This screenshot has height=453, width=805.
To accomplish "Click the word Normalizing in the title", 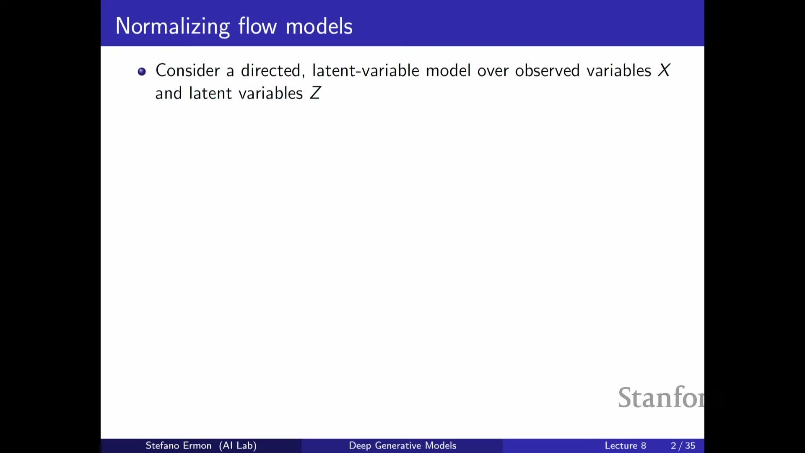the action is click(x=173, y=27).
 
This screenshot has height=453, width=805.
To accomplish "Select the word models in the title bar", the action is click(x=319, y=26).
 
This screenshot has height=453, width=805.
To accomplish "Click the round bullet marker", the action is click(x=142, y=72).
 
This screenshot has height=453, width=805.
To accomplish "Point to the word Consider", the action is click(x=187, y=70).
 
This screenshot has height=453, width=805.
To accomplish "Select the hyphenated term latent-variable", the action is click(x=366, y=70).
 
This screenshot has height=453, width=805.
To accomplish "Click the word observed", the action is click(x=547, y=70).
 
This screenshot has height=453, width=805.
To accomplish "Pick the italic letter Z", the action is click(x=315, y=93).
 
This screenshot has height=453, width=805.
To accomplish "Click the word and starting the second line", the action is click(x=169, y=93).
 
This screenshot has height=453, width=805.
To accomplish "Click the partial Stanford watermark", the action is click(x=661, y=397).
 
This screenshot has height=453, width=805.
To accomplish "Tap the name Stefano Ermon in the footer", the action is click(x=179, y=445).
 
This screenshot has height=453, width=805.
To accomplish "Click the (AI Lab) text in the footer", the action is click(x=238, y=445).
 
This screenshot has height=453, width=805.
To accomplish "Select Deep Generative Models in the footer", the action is click(x=402, y=445).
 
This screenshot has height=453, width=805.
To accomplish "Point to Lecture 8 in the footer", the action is click(x=625, y=445).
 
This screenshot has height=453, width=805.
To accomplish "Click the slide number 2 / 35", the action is click(x=683, y=445).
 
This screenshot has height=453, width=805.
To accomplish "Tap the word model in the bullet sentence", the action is click(x=448, y=70).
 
